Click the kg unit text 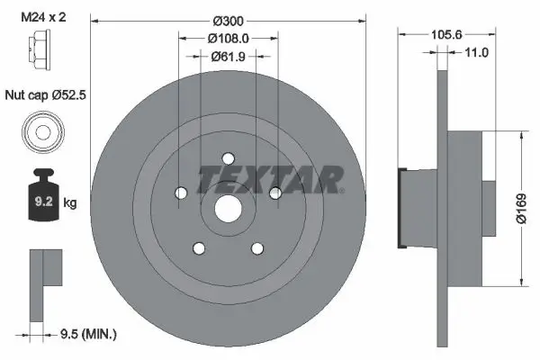70,203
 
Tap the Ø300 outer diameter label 226,19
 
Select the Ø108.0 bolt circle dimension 226,39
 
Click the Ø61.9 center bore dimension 226,57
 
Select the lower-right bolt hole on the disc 256,248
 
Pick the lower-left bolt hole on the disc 197,248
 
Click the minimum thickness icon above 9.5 44,279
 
